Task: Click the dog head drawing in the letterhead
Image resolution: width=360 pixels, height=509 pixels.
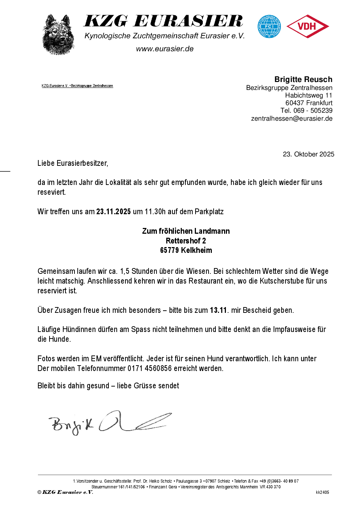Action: click(58, 35)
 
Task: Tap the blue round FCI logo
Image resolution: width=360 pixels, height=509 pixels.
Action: click(269, 26)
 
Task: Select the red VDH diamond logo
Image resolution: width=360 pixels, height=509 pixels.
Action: click(307, 26)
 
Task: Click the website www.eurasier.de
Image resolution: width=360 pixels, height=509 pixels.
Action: click(165, 49)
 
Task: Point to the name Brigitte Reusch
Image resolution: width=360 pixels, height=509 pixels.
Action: click(303, 79)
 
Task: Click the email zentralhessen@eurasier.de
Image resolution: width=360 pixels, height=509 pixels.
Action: click(292, 118)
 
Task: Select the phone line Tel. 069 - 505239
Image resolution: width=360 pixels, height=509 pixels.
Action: click(306, 111)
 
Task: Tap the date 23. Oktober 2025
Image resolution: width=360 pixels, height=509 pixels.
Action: click(308, 154)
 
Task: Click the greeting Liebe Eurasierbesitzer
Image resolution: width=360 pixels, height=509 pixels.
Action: click(73, 163)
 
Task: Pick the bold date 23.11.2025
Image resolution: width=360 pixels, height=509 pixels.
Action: click(113, 212)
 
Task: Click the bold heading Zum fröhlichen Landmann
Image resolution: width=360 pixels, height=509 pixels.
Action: click(186, 231)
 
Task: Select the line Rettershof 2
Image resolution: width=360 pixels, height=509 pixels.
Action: click(186, 241)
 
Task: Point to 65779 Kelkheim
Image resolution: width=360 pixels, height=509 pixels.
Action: click(186, 250)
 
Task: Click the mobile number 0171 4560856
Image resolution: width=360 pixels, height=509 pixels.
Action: click(150, 368)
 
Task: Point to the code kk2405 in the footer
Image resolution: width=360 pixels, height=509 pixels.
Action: click(322, 492)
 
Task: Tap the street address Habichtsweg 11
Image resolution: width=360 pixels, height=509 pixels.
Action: click(308, 95)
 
